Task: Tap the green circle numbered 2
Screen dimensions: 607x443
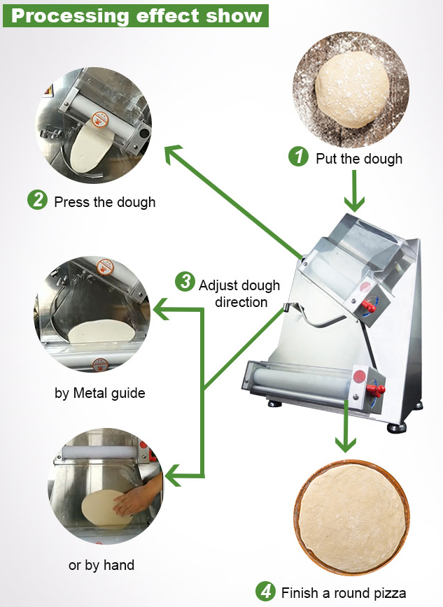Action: coord(37,201)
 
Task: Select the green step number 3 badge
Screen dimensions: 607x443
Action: coord(185,283)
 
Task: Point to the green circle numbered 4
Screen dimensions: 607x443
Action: coord(265,592)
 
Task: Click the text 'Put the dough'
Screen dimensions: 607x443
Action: coord(359,159)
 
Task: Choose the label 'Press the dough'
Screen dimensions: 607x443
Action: coord(105,202)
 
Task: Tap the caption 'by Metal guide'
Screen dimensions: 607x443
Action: coord(100,393)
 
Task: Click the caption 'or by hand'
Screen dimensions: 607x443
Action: coord(101,564)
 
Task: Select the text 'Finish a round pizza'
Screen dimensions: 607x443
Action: coord(344,593)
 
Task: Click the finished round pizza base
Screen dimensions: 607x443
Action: coord(351,516)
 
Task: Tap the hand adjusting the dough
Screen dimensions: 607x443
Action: coord(140,499)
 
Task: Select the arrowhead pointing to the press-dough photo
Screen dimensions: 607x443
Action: coord(174,155)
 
